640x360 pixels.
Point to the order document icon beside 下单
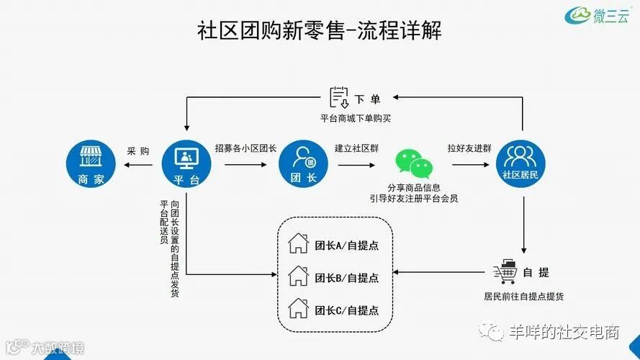339,97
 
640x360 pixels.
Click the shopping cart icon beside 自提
504,272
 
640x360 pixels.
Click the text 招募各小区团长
246,149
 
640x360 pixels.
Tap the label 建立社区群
357,149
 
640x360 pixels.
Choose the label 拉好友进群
469,149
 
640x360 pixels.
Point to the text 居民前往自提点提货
523,296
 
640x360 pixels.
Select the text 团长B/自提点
347,277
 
